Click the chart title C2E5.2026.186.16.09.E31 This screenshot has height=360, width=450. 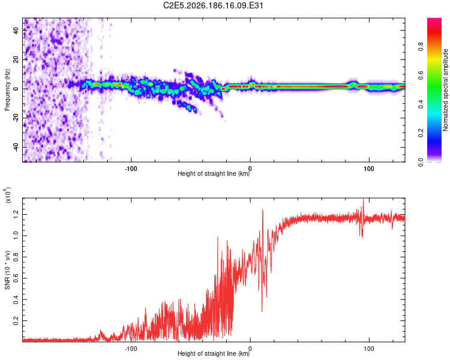(x=213, y=5)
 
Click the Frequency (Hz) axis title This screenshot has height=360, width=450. (x=7, y=90)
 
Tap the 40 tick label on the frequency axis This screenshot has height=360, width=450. (x=16, y=31)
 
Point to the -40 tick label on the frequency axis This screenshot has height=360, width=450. (x=16, y=146)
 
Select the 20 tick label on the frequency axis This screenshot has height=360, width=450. (x=16, y=59)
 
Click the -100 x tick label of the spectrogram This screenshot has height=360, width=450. (x=131, y=169)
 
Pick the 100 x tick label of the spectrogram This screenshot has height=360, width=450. (x=369, y=169)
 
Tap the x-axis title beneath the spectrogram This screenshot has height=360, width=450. (x=214, y=173)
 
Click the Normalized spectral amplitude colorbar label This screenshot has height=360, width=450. (x=445, y=90)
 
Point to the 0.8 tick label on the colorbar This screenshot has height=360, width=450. (x=421, y=46)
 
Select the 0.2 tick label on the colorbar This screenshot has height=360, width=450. (x=421, y=133)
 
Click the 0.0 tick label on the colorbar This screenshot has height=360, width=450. (x=421, y=162)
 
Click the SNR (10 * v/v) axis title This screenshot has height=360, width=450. (x=7, y=270)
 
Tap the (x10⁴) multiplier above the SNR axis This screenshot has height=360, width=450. (x=7, y=195)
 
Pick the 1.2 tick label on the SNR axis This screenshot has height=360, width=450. (x=16, y=214)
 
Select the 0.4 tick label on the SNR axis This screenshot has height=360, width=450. (x=16, y=299)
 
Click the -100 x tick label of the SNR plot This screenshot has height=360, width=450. (x=131, y=349)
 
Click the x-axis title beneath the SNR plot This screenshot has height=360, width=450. (x=214, y=353)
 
